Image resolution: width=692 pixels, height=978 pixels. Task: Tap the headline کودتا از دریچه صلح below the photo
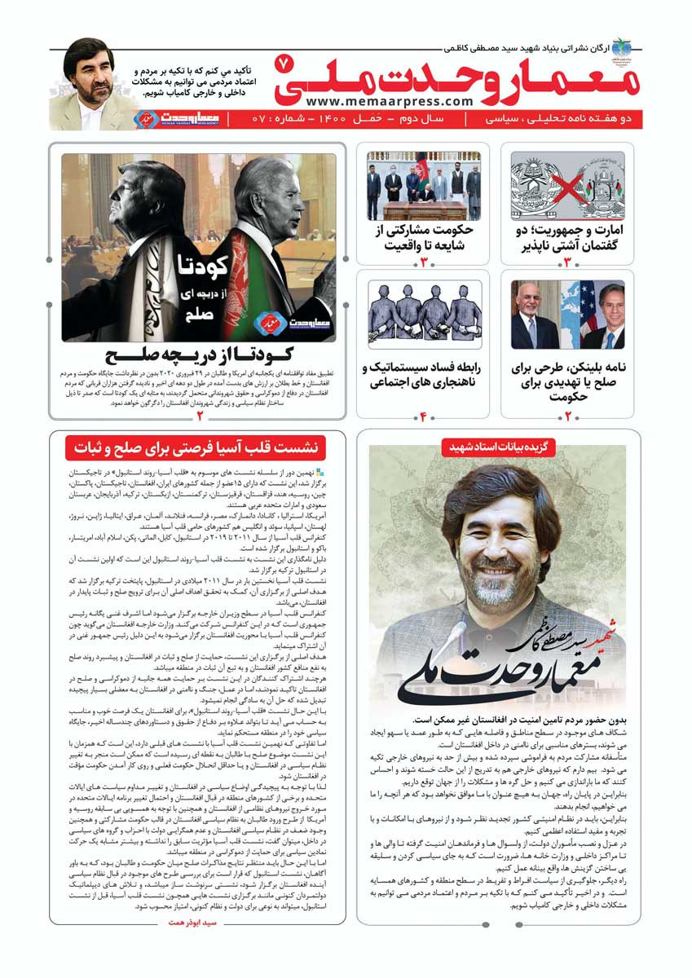click(x=199, y=356)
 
